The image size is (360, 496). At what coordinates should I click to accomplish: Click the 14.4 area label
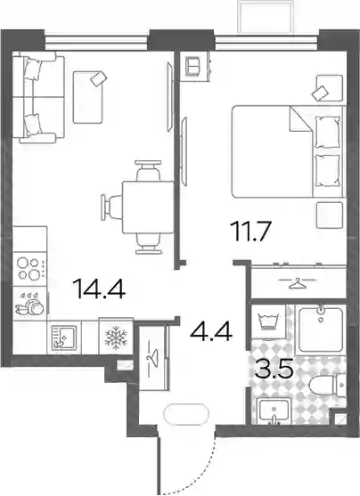tap(99, 289)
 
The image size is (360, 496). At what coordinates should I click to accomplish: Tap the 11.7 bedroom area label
tap(250, 232)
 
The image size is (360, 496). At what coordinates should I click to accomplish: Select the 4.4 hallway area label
tap(211, 331)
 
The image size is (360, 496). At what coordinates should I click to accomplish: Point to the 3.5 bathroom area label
tap(274, 368)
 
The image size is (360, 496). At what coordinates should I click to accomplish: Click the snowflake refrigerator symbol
tap(116, 337)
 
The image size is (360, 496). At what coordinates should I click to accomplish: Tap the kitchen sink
tap(64, 337)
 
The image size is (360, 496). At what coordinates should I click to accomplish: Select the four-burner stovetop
tap(30, 268)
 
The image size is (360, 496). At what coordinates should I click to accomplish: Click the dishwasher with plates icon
tap(30, 304)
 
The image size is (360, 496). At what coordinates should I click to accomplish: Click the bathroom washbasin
tap(274, 411)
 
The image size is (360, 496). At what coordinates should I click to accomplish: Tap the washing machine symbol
tap(269, 321)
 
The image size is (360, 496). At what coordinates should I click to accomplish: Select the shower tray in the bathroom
tap(321, 329)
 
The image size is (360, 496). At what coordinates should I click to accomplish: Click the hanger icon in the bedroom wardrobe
tap(298, 282)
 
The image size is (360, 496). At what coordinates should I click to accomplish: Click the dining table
tap(148, 207)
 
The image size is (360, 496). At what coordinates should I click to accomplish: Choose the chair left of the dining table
tap(111, 207)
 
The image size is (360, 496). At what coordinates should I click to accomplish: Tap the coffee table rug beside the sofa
tap(88, 97)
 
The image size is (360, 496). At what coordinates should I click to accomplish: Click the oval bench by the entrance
tap(186, 413)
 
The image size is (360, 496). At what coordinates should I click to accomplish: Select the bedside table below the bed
tap(330, 215)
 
